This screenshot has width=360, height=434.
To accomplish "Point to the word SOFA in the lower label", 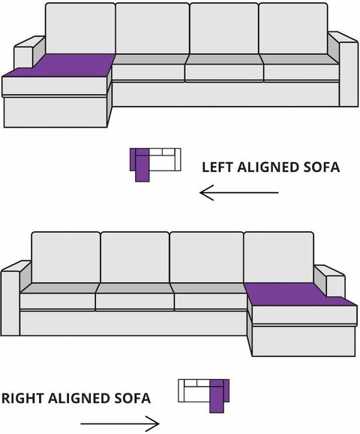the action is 133,398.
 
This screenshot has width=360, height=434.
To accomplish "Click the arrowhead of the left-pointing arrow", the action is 206,192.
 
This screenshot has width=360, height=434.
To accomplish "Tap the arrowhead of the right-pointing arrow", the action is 153,423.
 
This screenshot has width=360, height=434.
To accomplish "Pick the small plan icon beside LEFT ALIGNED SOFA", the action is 155,165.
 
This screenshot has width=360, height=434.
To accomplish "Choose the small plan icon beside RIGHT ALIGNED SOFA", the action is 204,396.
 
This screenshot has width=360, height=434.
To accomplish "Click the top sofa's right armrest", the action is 344,69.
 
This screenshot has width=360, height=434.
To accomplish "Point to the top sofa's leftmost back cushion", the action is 80,29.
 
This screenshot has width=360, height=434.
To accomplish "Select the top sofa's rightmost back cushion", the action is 293,29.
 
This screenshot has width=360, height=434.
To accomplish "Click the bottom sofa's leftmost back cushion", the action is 66,258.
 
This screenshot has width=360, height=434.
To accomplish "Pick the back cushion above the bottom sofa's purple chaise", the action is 279,258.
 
